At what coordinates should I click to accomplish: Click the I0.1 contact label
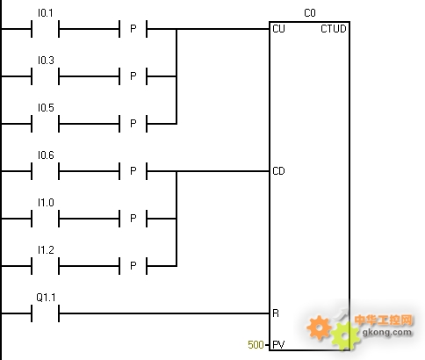click(46, 13)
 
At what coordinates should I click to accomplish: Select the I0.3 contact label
click(46, 61)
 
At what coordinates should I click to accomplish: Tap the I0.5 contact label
click(46, 108)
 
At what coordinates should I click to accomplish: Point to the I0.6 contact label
click(46, 155)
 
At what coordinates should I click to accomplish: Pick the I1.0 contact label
click(46, 203)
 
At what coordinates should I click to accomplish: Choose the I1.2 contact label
click(46, 250)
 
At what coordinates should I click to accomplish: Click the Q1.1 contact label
click(46, 298)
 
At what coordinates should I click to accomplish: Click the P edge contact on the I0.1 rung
click(133, 29)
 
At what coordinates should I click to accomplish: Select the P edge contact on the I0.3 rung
click(133, 76)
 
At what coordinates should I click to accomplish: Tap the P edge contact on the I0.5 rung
click(133, 124)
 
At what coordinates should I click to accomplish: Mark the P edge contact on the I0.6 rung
click(133, 171)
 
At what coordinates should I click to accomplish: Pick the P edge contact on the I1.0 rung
click(133, 219)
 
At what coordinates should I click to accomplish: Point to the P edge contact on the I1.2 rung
click(133, 266)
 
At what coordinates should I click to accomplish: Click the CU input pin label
click(278, 29)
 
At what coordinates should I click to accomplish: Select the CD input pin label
click(278, 171)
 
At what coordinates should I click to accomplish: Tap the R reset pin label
click(276, 313)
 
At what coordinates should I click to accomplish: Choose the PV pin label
click(278, 345)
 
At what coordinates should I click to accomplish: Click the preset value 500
click(256, 345)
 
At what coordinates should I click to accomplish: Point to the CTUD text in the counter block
click(334, 29)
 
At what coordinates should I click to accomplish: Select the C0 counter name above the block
click(310, 13)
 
